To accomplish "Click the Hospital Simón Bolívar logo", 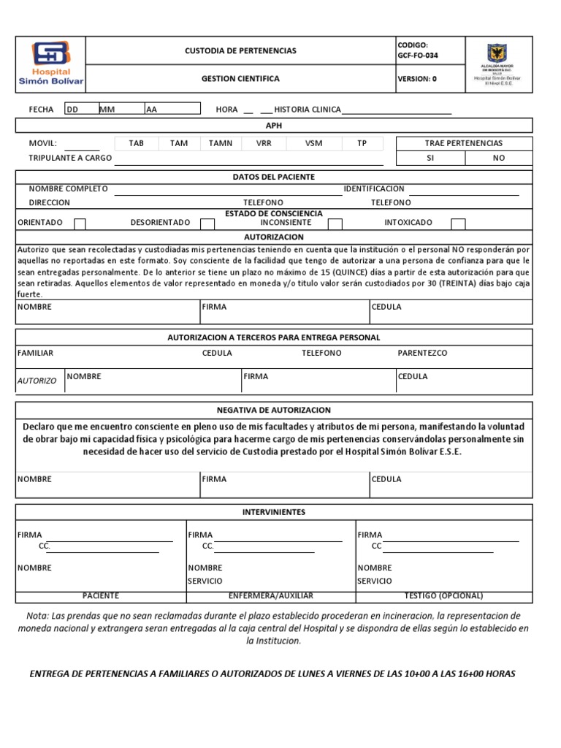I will [50, 64].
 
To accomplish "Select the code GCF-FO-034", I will [419, 56].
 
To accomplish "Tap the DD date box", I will [80, 110].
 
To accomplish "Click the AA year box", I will [172, 110].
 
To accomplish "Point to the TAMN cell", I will [221, 144].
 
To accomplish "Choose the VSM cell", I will [314, 144].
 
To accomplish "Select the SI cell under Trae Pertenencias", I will [430, 158].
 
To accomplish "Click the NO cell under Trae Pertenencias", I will [498, 158].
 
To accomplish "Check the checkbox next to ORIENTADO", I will [80, 224].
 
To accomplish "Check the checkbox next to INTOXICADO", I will [458, 224].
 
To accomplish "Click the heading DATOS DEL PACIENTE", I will [274, 178].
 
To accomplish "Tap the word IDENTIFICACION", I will [374, 189].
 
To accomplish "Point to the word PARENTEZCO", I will [422, 354].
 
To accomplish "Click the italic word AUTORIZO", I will [37, 381].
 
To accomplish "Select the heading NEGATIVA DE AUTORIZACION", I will [274, 411].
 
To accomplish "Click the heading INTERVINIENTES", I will [274, 513].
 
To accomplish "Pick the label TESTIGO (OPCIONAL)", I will [443, 596].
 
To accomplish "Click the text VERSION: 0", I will [417, 79].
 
